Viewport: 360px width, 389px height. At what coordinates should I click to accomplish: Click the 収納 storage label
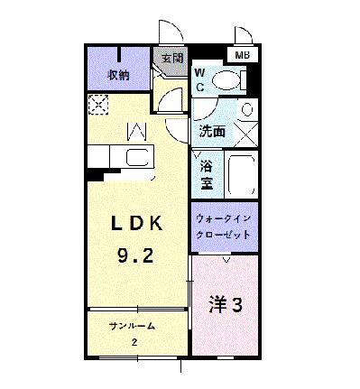pos(117,75)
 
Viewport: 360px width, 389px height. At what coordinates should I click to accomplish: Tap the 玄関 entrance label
pos(172,59)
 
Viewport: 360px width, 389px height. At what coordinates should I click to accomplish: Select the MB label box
pos(243,56)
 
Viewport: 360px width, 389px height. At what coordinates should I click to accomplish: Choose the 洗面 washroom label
pos(212,132)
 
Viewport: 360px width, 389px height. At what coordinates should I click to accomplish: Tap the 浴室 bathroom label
pos(207,173)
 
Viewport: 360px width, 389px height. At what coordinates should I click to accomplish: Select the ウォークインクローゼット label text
pos(223,225)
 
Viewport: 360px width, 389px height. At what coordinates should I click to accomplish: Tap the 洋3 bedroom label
pos(226,304)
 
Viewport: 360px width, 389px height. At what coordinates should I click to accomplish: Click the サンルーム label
pos(133,326)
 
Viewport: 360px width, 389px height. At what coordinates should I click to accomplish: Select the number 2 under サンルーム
pos(134,342)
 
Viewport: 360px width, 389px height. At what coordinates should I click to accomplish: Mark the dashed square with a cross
pos(97,105)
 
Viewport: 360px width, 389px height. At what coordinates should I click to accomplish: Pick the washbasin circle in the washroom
pos(248,111)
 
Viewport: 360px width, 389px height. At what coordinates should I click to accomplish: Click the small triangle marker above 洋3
pos(226,259)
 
